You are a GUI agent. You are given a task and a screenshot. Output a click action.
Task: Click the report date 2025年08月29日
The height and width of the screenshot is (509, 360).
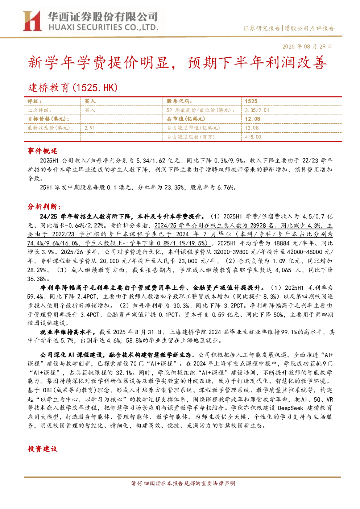coord(307,46)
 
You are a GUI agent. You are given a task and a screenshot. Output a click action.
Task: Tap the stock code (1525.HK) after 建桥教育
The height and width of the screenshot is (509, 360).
coord(95,88)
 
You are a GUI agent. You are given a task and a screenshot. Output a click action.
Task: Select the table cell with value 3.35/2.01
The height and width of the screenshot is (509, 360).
coord(257,110)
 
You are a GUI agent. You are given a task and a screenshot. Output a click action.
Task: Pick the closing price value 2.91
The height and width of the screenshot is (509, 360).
coord(90,128)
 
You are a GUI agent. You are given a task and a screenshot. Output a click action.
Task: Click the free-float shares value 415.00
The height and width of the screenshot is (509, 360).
coord(253,137)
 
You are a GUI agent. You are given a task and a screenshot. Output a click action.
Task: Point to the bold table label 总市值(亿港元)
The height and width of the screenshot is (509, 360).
coord(186,119)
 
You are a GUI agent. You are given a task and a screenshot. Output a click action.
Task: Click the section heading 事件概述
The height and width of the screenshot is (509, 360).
coord(42,151)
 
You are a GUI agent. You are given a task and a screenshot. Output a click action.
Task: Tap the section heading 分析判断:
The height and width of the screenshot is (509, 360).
coord(44,207)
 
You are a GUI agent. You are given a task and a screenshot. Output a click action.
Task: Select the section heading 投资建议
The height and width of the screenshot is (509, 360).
coord(42,449)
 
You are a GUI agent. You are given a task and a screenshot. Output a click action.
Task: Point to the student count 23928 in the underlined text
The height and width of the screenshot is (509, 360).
coord(258,225)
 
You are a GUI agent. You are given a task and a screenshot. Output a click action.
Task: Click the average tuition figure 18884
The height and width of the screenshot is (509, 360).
coord(281,243)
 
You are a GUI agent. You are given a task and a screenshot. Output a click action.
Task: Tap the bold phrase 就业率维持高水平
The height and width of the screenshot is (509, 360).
coord(66,332)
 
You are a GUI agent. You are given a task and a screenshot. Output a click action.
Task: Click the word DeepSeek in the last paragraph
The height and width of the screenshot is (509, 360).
coord(290,408)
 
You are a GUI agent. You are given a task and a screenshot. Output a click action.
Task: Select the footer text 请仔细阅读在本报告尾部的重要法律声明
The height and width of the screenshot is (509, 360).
coord(183,483)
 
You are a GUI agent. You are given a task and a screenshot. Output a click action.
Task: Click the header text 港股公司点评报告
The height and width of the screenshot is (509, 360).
coord(309,28)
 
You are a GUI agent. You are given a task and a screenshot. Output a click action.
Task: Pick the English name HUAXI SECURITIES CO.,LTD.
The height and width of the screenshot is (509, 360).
coord(103,28)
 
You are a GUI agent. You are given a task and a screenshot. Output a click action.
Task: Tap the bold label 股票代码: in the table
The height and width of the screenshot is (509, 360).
coord(179,102)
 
